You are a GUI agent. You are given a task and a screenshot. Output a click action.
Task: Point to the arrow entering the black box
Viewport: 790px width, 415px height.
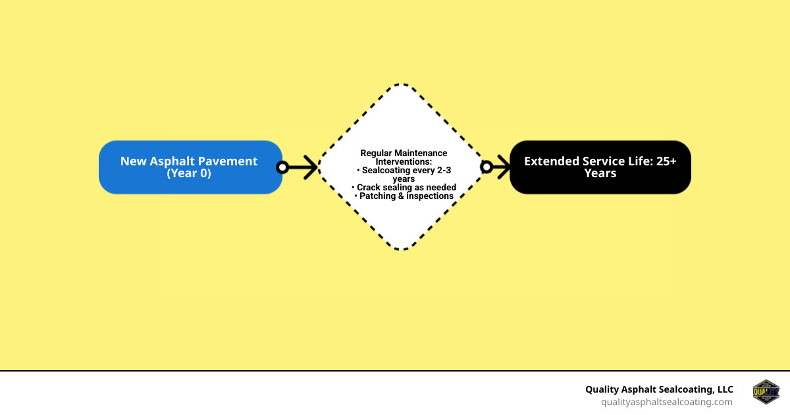click(x=500, y=167)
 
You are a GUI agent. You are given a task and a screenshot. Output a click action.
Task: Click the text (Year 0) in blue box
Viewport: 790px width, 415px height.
click(x=189, y=174)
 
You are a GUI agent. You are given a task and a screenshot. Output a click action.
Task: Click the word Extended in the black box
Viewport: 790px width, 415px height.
click(x=552, y=161)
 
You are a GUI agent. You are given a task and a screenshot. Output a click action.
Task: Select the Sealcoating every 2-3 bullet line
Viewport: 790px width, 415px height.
click(x=406, y=170)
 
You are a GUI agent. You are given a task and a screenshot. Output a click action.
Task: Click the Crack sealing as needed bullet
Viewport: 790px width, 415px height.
click(x=404, y=188)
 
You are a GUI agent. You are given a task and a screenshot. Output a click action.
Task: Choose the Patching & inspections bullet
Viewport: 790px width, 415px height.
click(x=404, y=196)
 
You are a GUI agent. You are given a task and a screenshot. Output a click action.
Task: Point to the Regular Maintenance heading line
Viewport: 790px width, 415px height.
click(x=404, y=153)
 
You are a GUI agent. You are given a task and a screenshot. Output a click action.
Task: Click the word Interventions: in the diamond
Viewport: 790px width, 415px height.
click(x=404, y=161)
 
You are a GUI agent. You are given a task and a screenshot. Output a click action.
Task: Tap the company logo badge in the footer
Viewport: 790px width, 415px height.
click(x=766, y=393)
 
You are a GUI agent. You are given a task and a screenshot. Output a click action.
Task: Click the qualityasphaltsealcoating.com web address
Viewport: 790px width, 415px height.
click(x=666, y=402)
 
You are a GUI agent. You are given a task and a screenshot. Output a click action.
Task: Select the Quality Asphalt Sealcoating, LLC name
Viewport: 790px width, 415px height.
click(x=659, y=389)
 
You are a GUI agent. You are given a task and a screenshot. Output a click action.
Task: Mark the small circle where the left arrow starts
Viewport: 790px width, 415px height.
click(x=282, y=167)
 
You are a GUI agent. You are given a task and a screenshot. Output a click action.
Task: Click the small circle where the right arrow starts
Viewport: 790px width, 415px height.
click(x=487, y=167)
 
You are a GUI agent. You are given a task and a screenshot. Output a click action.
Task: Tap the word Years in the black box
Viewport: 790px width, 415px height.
click(x=600, y=174)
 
